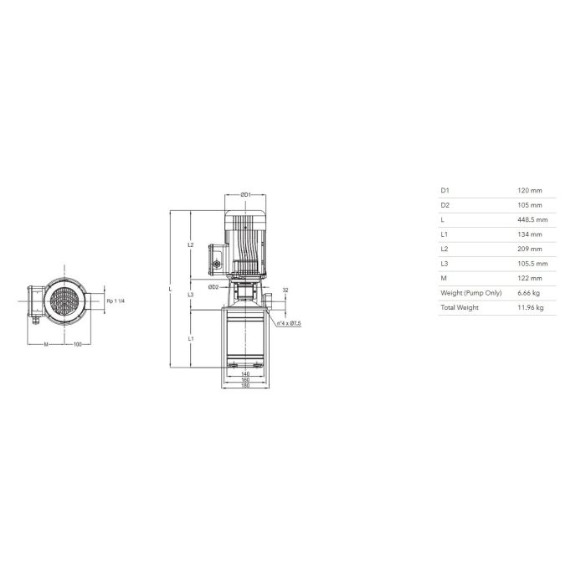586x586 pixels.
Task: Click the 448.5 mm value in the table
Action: click(532, 219)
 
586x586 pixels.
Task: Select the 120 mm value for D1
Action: click(529, 191)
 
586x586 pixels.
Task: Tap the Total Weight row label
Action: click(460, 307)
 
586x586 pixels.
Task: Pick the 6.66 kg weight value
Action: click(528, 293)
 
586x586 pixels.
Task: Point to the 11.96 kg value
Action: click(530, 307)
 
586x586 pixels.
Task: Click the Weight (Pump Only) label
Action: click(470, 293)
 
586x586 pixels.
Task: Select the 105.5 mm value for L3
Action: click(532, 264)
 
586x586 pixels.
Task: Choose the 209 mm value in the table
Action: click(529, 249)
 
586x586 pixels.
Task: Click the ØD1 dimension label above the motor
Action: click(245, 195)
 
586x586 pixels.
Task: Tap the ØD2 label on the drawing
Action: click(213, 287)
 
